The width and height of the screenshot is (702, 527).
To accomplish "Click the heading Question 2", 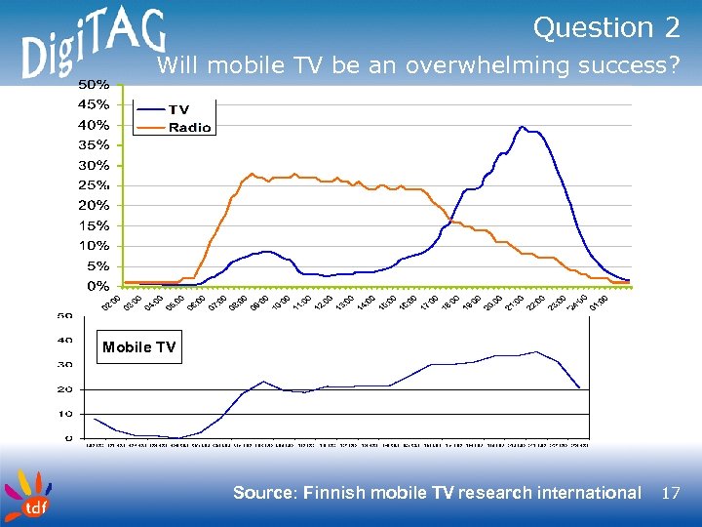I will coord(606,28).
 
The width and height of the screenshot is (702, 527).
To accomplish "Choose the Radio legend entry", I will coord(189,128).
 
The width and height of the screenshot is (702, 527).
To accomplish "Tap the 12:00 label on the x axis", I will coord(322,304).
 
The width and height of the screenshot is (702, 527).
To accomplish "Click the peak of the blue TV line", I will coord(523,127).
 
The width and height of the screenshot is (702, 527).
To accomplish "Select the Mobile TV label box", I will coord(138,347).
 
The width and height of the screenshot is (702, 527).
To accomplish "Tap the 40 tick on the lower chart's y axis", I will coord(65,340).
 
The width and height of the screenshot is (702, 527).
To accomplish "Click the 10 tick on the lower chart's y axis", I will coord(65,414).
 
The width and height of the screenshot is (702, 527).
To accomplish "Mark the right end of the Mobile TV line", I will coord(580,387).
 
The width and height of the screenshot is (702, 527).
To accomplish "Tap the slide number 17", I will coord(670,493).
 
